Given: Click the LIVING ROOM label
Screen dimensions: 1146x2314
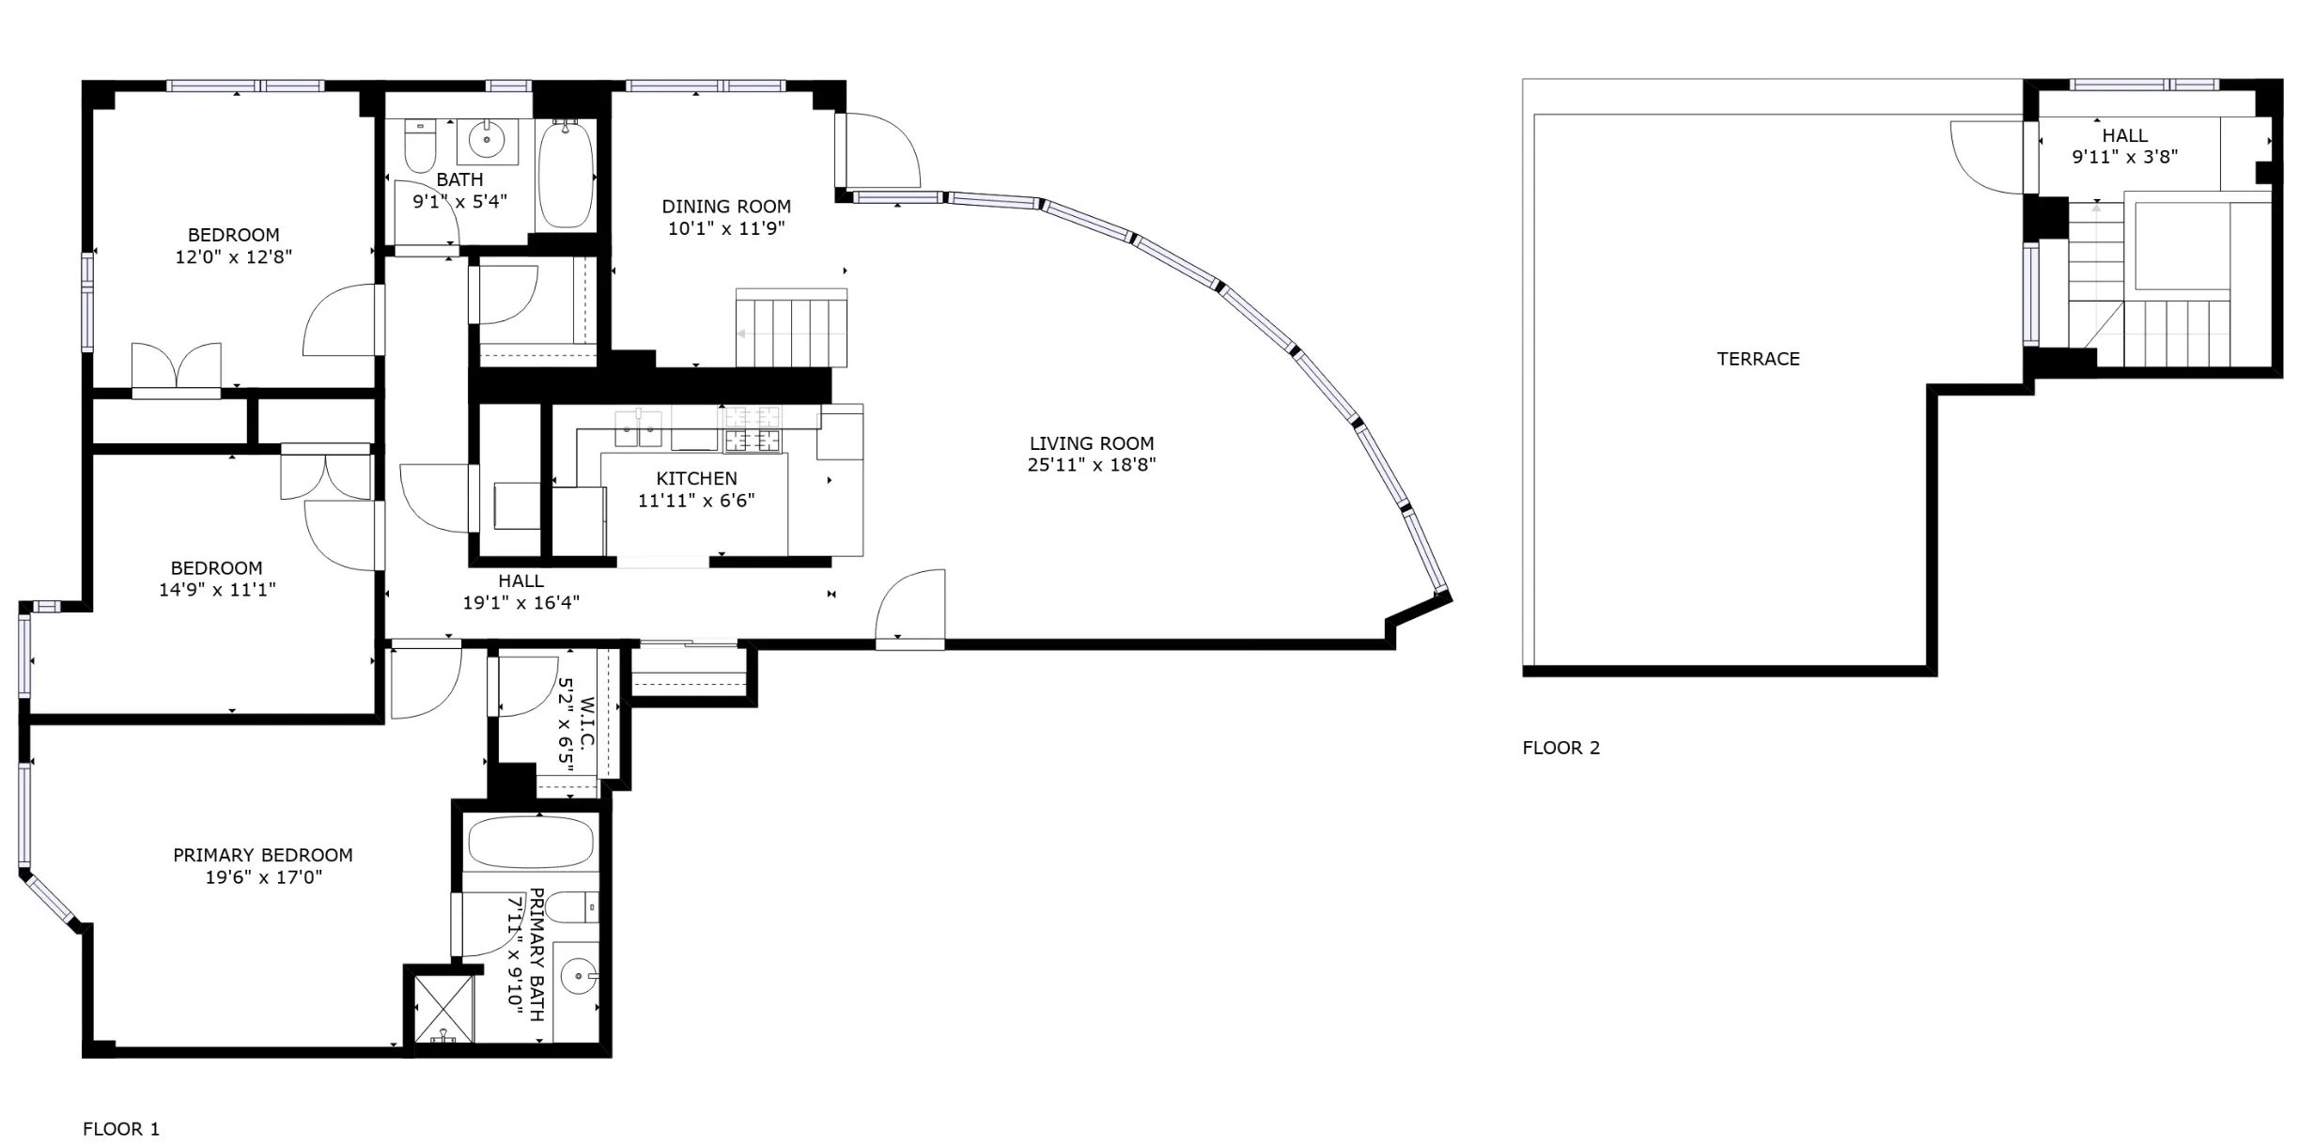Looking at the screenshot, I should [x=1091, y=443].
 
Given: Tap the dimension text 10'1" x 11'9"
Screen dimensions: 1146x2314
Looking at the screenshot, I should [x=725, y=228].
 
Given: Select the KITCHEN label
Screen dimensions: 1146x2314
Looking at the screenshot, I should [x=696, y=478].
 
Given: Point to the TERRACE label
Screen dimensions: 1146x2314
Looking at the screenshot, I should [x=1758, y=359].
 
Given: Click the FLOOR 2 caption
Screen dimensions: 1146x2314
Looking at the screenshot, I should [x=1561, y=748].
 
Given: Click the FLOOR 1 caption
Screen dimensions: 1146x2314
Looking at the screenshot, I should [x=121, y=1129].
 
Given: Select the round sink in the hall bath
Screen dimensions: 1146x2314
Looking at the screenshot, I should [x=487, y=142].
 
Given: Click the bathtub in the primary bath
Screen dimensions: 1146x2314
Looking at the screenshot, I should [x=531, y=842].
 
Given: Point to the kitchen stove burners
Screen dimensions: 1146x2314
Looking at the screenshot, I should [x=752, y=428].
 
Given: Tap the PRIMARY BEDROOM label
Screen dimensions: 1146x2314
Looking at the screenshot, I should [x=263, y=855].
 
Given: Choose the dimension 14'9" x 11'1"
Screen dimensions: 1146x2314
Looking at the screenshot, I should [x=217, y=590].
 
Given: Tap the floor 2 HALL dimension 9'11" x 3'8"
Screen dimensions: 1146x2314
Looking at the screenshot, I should [x=2124, y=157].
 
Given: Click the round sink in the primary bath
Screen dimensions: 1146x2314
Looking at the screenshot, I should [x=578, y=976].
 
